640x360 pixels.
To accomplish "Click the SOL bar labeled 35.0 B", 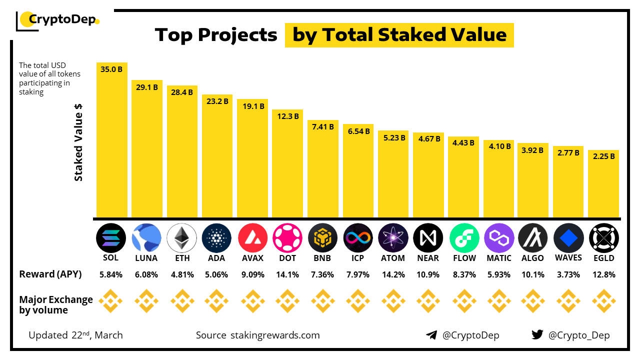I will tap(111, 140).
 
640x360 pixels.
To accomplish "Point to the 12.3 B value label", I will tap(287, 116).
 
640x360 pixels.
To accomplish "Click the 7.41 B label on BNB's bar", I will tap(322, 126).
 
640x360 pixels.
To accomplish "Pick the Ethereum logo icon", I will tap(181, 237).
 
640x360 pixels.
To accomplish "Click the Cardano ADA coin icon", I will tap(217, 237).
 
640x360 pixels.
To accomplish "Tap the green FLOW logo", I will tap(464, 237).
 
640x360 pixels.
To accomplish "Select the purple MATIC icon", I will tap(499, 237).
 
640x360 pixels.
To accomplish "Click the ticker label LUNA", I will tap(146, 258).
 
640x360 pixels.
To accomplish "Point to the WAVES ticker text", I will tap(568, 257).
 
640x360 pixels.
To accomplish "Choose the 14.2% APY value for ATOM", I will tap(393, 274).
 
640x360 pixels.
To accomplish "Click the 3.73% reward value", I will tap(568, 274).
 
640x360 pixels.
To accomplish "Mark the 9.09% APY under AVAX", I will tap(252, 274).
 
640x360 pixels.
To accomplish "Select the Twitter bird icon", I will tap(537, 335).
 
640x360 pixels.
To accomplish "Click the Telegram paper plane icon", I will tap(431, 335).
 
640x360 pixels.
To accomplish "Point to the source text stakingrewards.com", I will tap(274, 335).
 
